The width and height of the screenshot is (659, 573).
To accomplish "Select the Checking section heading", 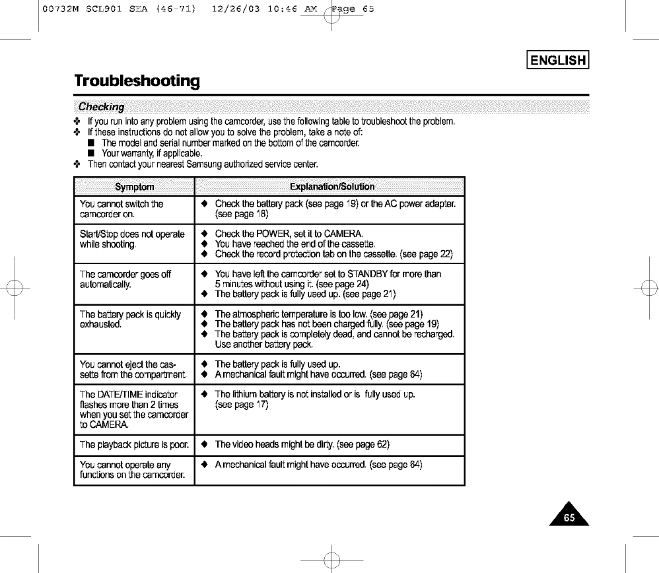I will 105,107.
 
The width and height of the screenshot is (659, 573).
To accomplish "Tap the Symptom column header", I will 133,187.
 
